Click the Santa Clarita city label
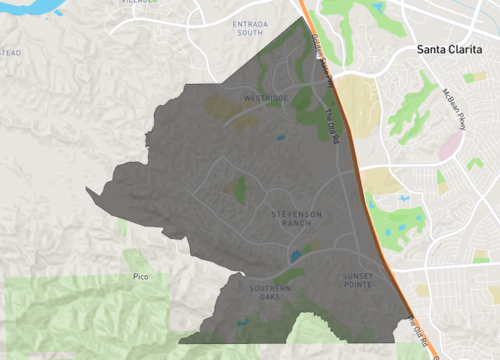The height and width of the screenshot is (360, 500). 456,48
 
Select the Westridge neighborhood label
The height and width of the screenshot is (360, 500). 265,98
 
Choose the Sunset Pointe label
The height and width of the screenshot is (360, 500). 357,280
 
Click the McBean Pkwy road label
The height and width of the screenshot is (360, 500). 455,108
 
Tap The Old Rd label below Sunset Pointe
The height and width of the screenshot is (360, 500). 423,334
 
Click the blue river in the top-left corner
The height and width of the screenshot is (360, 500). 25,8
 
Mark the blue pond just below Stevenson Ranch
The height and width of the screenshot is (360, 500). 295,256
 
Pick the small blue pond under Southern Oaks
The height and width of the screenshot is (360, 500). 242,322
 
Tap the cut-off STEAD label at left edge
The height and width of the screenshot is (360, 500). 9,53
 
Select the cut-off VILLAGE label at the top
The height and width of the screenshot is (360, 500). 138,3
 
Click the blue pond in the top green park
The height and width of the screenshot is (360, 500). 377,8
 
